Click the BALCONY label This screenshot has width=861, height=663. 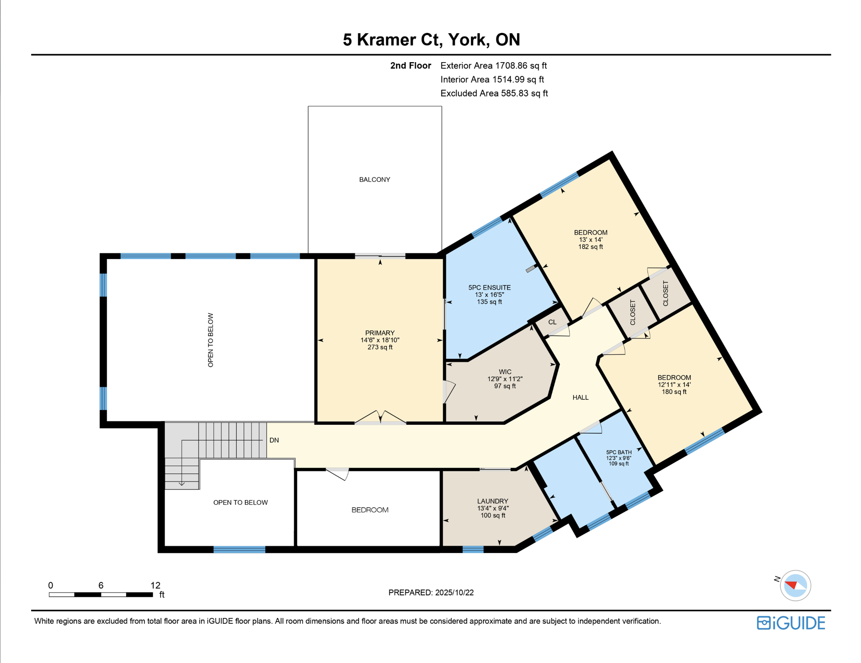point(374,180)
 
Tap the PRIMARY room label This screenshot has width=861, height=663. point(379,333)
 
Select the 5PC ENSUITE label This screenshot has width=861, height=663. point(489,287)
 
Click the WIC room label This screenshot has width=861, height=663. point(505,372)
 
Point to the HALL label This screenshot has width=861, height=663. point(580,397)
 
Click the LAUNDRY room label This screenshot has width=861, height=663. point(492,501)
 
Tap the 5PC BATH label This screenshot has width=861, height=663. point(618,452)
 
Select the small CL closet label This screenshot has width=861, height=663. point(552,322)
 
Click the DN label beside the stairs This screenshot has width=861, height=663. point(274,440)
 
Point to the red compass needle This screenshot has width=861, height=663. point(791,585)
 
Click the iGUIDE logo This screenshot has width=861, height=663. point(791,623)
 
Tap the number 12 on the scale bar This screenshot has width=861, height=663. point(155,585)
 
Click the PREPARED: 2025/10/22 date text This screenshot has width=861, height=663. point(430,593)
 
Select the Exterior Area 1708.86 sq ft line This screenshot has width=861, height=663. point(493,66)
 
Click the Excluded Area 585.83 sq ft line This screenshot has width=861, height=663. point(493,93)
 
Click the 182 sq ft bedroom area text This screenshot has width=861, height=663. point(590,247)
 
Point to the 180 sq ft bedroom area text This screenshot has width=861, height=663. point(674,392)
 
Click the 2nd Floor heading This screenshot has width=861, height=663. point(410,66)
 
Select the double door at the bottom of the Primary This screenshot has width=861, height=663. point(380,418)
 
